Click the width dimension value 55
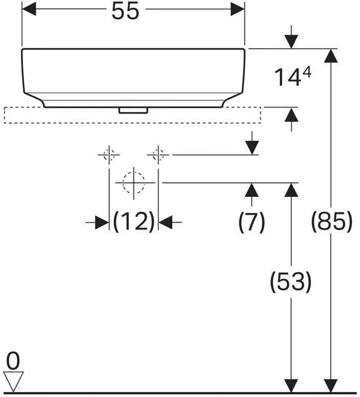(x=125, y=11)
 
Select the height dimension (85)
(x=331, y=222)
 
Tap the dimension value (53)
(x=291, y=281)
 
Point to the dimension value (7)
(x=252, y=222)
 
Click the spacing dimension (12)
(x=133, y=222)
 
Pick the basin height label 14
(x=288, y=77)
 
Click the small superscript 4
(x=307, y=74)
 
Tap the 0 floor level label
(x=13, y=361)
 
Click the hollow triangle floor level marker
(x=13, y=381)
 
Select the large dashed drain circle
(x=133, y=182)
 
